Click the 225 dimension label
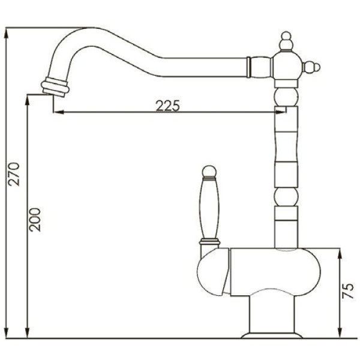(x=167, y=106)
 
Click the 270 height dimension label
(x=14, y=174)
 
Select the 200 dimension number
(x=35, y=220)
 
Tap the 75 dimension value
(x=348, y=290)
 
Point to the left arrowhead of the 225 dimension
(x=58, y=112)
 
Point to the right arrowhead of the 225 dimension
(x=281, y=112)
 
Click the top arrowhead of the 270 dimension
(x=7, y=34)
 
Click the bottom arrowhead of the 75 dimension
(x=340, y=332)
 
